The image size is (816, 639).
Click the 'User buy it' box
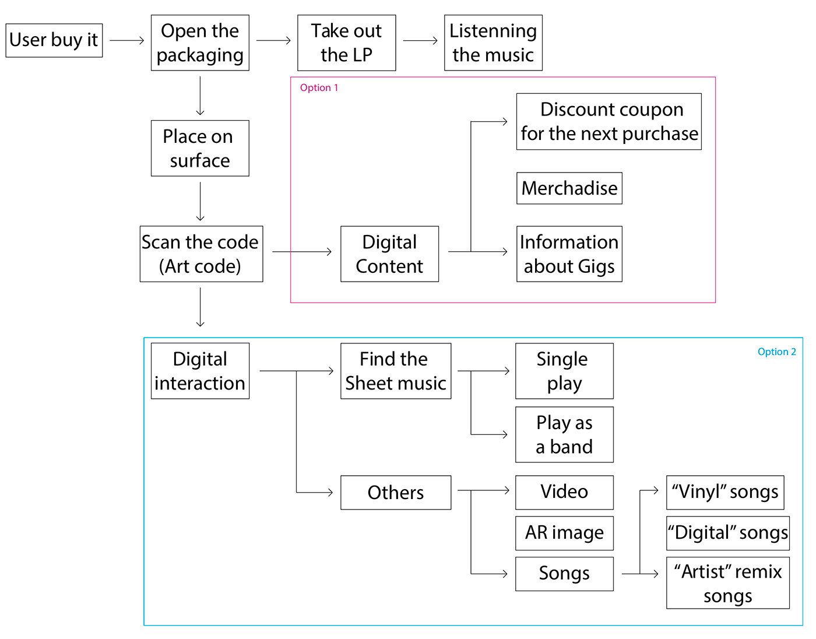(x=54, y=40)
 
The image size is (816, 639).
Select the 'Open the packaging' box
(x=200, y=43)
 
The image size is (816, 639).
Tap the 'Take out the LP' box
(x=346, y=43)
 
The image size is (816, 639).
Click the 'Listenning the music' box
(x=493, y=43)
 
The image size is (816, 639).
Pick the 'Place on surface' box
(x=200, y=148)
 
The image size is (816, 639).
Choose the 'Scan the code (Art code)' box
(x=201, y=254)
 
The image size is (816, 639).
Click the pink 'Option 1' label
(x=319, y=88)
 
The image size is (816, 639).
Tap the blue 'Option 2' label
(x=776, y=352)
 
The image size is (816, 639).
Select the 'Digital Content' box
(x=389, y=254)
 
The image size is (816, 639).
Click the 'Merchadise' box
(x=569, y=188)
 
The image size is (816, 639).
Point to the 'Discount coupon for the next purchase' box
(x=609, y=121)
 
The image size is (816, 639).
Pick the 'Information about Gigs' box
(x=569, y=254)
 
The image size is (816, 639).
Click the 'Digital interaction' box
(x=200, y=371)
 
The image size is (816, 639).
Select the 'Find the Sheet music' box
(x=395, y=371)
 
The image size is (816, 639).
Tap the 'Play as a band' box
(x=564, y=434)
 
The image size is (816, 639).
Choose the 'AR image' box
(x=564, y=533)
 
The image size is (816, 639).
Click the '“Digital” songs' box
(x=727, y=533)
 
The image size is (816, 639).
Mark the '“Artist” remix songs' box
(x=727, y=583)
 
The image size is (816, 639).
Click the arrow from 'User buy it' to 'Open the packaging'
(x=126, y=40)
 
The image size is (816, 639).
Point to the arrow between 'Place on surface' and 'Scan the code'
(x=200, y=201)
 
